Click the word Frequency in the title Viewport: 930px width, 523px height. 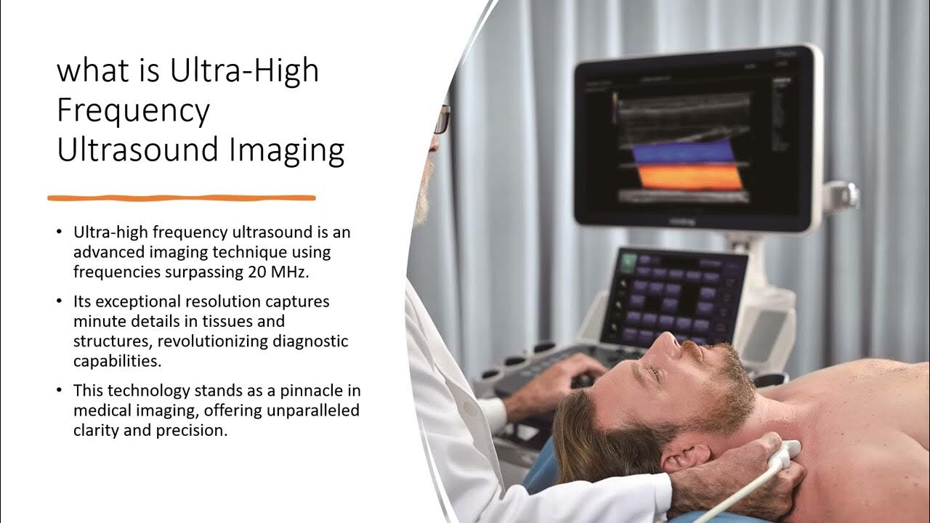point(133,111)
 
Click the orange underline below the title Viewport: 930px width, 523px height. point(182,198)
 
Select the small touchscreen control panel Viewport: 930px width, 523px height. point(672,298)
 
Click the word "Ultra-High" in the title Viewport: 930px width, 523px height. point(243,72)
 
